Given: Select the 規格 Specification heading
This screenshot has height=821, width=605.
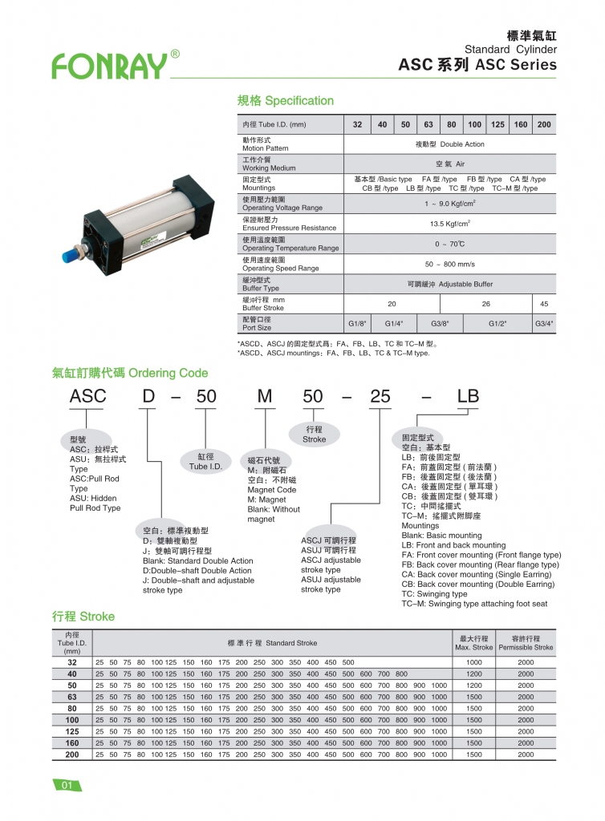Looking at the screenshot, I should (x=285, y=101).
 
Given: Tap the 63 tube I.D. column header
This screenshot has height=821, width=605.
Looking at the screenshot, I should (x=428, y=125).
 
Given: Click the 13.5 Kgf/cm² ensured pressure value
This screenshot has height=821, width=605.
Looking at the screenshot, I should (x=449, y=224).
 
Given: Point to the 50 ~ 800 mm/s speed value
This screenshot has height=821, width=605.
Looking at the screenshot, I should (x=449, y=264).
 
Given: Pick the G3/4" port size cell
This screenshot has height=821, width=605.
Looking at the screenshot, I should (x=544, y=324).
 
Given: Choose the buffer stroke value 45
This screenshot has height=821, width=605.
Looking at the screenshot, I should (x=544, y=304).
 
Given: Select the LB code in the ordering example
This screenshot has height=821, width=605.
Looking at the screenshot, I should (x=467, y=396).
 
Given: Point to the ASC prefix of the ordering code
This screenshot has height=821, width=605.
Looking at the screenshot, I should (x=87, y=396).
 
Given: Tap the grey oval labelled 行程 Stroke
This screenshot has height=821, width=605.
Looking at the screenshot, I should (x=315, y=435).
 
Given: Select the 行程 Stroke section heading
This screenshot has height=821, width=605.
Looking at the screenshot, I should (x=83, y=617).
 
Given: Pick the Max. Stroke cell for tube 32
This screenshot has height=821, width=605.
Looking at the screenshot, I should (x=473, y=663).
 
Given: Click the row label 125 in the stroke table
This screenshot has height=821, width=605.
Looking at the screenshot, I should (x=72, y=731).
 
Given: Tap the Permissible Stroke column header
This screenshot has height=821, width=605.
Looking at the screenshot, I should (x=526, y=643).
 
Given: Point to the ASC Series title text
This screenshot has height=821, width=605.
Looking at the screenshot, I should (x=477, y=65).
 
